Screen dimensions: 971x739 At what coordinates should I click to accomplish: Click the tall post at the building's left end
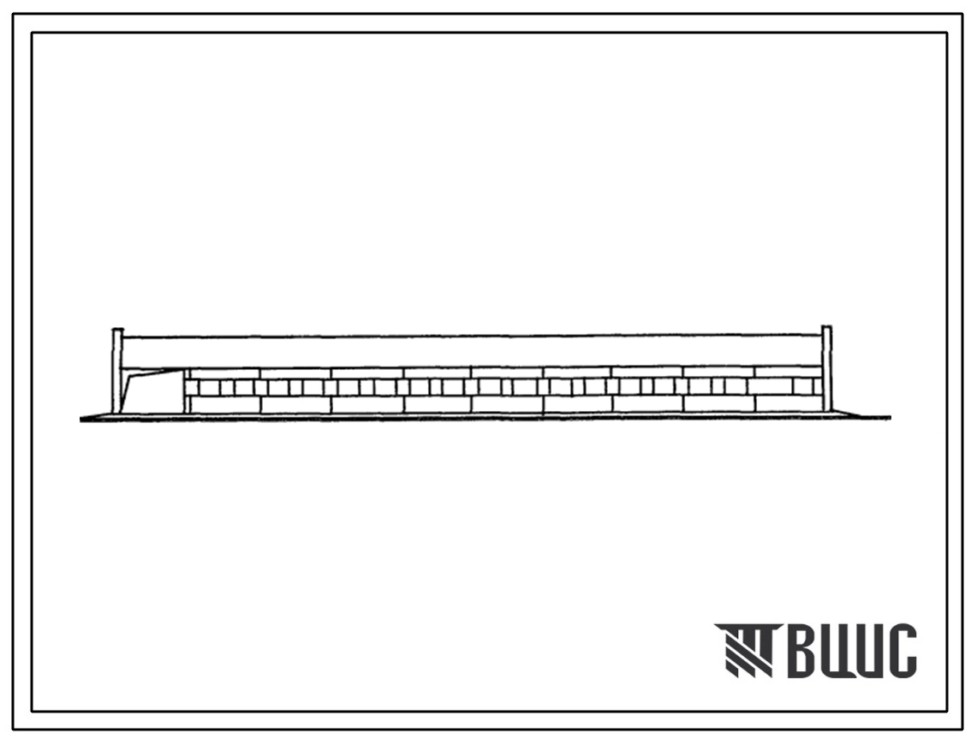coord(116,371)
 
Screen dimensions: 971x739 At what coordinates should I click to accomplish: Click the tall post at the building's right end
coord(826,368)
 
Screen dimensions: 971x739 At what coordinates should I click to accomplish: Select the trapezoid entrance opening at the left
coord(152,391)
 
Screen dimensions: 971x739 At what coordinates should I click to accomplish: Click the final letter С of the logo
coord(902,651)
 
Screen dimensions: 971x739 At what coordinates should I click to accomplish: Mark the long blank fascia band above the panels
coord(472,352)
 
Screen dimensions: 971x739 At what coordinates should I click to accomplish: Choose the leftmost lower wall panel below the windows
coord(225,404)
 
